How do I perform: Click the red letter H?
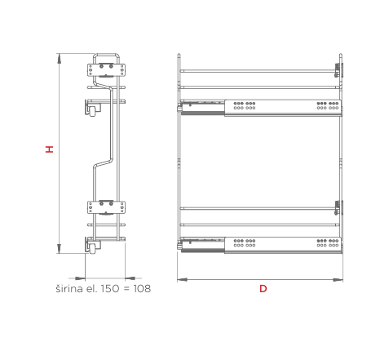(49, 149)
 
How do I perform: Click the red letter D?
(263, 288)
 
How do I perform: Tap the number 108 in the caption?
(142, 288)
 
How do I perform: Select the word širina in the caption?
(69, 288)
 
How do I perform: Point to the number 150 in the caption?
(110, 288)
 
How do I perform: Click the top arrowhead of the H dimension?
(59, 58)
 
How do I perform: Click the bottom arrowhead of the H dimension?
(59, 249)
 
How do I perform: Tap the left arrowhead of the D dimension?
(183, 279)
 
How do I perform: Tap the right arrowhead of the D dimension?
(338, 279)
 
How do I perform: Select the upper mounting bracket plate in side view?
(106, 70)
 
